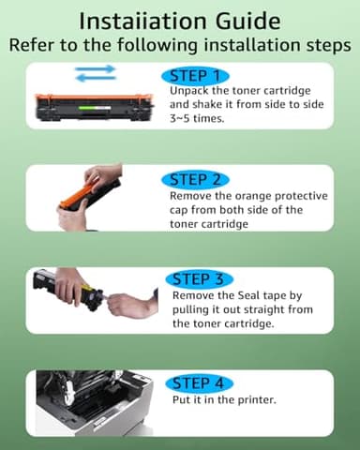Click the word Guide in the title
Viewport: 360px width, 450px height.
[x=247, y=22]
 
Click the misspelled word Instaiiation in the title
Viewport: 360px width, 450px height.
[x=142, y=22]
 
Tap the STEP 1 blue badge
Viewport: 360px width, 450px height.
[x=195, y=76]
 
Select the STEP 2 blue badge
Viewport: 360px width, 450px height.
[x=195, y=180]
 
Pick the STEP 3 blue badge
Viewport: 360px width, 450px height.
[x=199, y=279]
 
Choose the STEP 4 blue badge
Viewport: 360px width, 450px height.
[x=199, y=383]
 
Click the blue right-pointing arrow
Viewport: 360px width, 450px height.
[x=96, y=69]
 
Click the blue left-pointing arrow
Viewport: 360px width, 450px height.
[x=96, y=78]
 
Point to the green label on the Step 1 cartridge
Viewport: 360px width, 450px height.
[x=87, y=108]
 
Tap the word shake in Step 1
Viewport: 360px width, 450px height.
[x=207, y=105]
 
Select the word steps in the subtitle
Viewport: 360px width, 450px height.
[x=333, y=45]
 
